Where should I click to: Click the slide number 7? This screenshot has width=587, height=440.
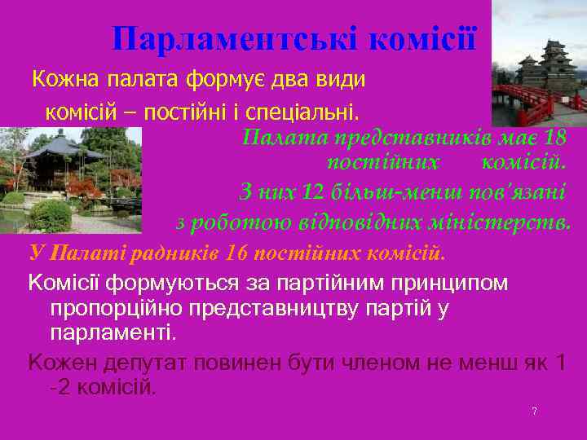coord(534,411)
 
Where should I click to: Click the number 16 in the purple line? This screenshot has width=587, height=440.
coord(237,252)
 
